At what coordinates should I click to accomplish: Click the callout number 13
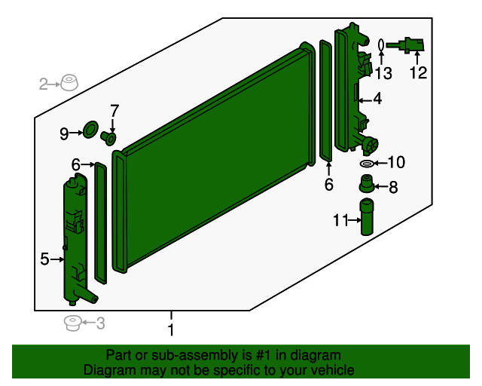point(383,74)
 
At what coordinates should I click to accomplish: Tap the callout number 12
point(418,73)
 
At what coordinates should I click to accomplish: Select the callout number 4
point(377,99)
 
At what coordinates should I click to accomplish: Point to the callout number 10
point(397,162)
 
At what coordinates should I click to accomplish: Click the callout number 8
point(393,187)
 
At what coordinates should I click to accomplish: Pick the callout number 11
point(340,220)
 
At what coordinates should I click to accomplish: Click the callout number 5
point(44,259)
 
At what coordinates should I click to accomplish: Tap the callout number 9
point(64,134)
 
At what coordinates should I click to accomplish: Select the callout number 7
point(114,111)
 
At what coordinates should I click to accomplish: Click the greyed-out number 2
point(44,84)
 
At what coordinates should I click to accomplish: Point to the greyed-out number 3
point(100,323)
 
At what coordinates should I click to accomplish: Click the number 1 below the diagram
point(171,330)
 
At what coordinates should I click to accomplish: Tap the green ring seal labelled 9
point(90,130)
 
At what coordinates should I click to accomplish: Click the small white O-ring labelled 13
point(381,45)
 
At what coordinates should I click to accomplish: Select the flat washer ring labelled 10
point(367,164)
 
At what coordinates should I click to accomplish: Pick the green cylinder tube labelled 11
point(367,217)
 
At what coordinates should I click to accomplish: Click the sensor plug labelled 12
point(407,45)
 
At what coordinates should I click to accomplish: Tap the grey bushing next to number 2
point(69,82)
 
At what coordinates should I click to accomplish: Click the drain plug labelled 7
point(108,138)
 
